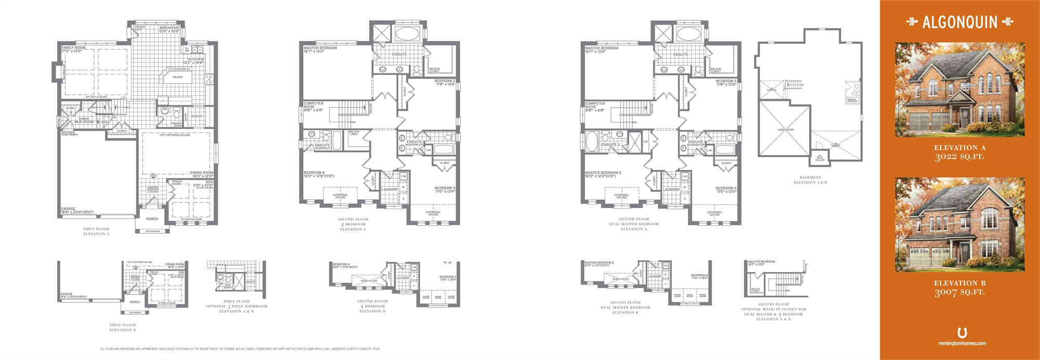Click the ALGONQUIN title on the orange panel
pos(960,22)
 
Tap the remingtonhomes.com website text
pos(962,343)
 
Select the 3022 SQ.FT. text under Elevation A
pos(959,157)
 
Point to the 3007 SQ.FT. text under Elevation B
pos(959,292)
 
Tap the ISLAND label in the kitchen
pos(178,77)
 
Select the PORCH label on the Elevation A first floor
pos(152,219)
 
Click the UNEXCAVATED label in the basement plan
pos(785,130)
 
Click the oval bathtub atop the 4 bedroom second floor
pos(409,34)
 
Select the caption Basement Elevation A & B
pos(810,180)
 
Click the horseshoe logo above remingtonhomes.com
pos(962,332)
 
